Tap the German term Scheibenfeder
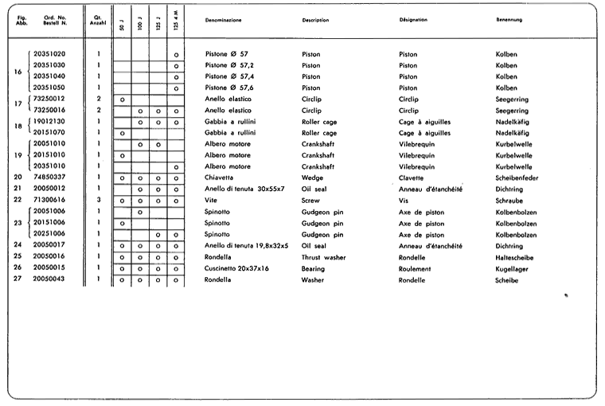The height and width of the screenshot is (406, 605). coord(517,178)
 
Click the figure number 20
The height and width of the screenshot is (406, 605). coord(18,178)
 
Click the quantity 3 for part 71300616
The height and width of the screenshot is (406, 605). coord(99,201)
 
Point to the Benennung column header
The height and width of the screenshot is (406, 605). coord(509,19)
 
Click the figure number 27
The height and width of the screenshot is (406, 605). coord(18,280)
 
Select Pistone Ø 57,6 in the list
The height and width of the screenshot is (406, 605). coord(228,88)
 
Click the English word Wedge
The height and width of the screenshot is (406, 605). coord(313,178)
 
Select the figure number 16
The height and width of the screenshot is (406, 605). coord(18,71)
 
